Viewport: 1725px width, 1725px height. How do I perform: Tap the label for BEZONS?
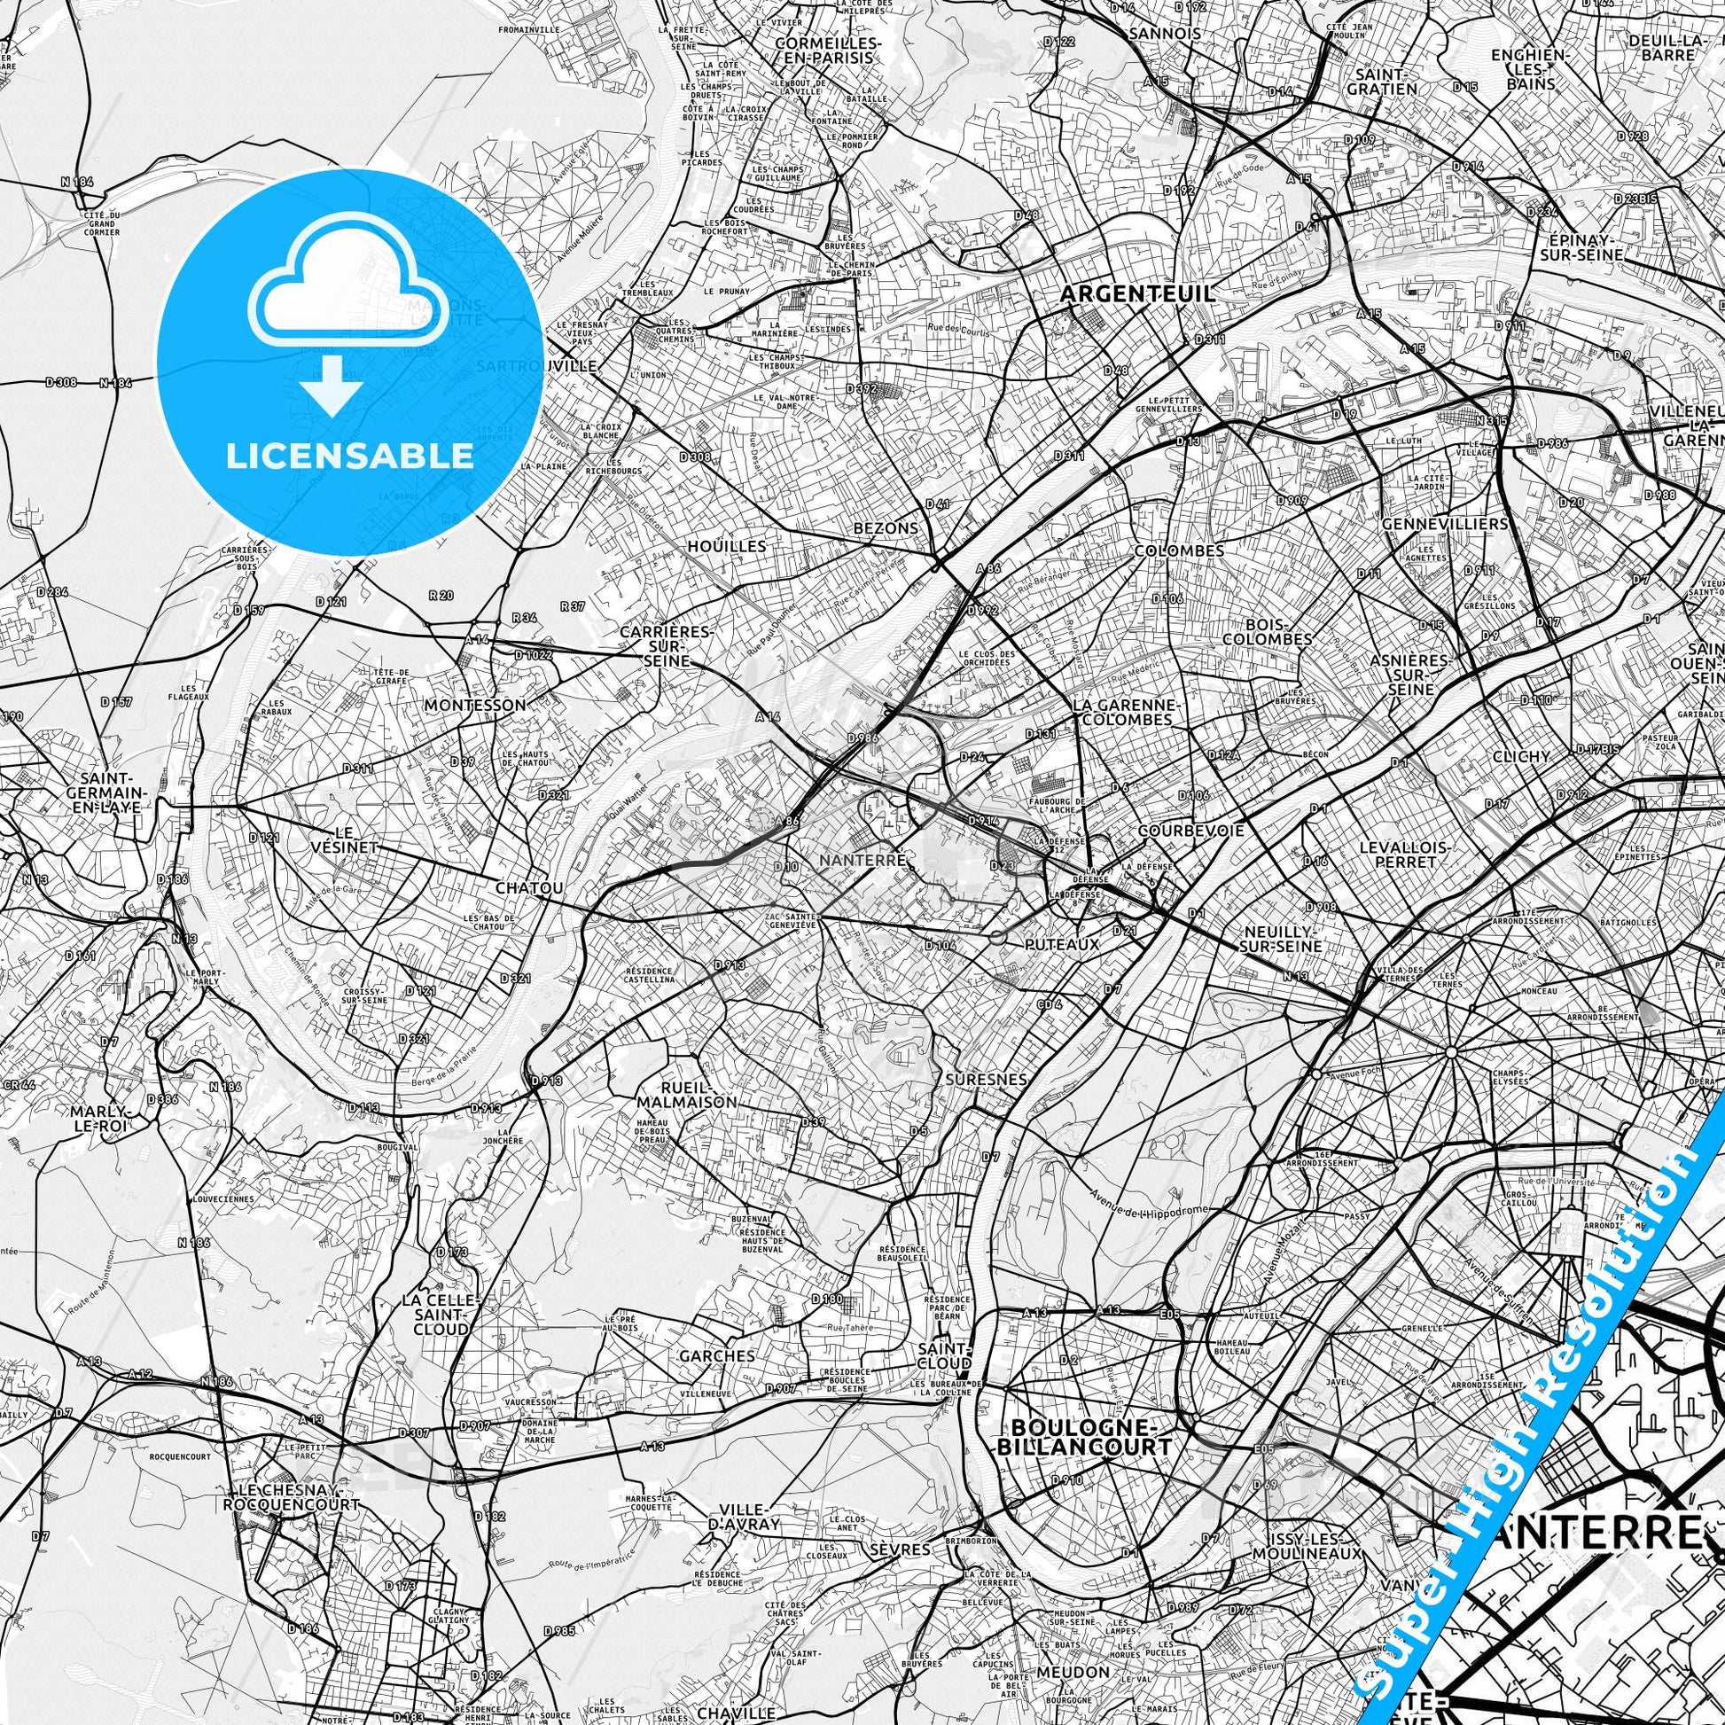(x=886, y=527)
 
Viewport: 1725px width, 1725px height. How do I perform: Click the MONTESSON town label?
(x=475, y=705)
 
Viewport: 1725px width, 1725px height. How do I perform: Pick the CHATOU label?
(x=529, y=888)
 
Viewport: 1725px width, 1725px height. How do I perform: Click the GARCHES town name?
(x=717, y=1355)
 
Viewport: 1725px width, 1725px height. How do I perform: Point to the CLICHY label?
(x=1521, y=756)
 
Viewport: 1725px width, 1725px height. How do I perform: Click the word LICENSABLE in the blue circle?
(x=349, y=456)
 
